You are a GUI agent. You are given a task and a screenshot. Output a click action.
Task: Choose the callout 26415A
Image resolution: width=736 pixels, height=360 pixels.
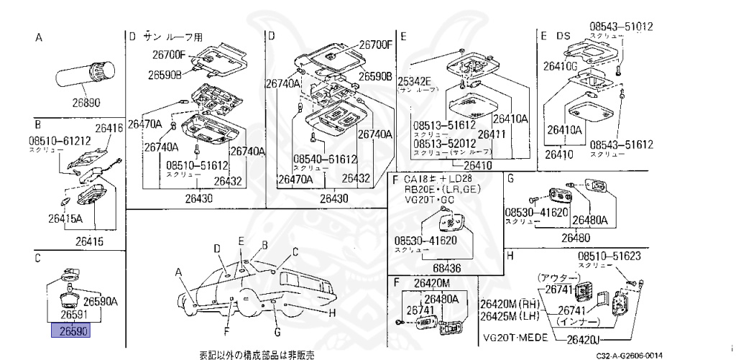coord(65,218)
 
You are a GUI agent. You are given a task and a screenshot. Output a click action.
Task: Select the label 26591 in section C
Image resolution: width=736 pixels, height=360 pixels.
coord(74,314)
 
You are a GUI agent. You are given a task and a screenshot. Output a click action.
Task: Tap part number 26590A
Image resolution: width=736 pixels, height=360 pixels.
coord(101,301)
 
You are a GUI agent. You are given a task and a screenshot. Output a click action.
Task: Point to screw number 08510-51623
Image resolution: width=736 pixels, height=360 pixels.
coord(609,256)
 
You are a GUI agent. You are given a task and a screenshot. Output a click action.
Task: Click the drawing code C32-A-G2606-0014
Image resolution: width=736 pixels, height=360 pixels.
coord(629,355)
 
